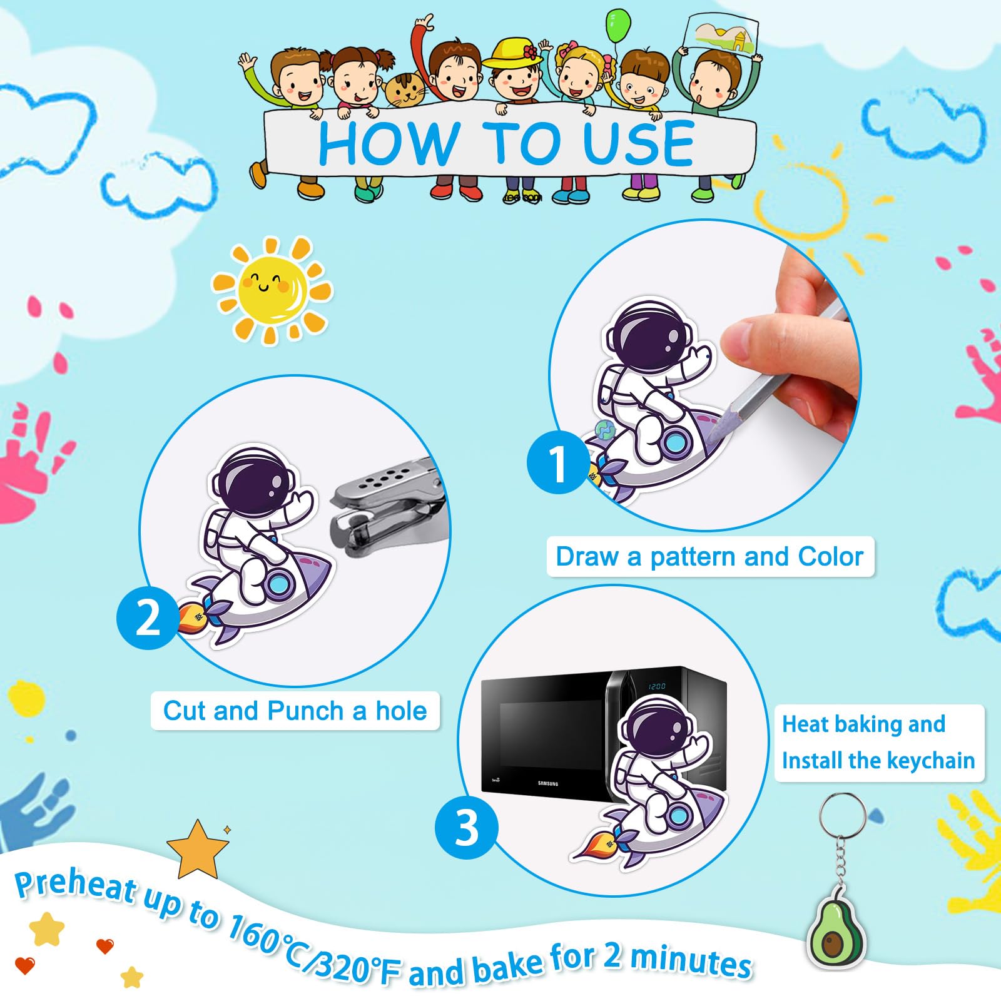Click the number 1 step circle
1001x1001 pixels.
click(557, 462)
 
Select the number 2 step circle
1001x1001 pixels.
click(148, 618)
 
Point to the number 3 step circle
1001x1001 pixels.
click(467, 828)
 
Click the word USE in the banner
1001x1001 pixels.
click(638, 144)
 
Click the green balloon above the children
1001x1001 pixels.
click(618, 27)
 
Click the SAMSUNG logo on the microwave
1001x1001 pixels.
click(547, 783)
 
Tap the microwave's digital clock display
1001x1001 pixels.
click(656, 686)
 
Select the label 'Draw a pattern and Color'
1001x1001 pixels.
click(709, 556)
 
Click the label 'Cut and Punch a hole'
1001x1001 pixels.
click(295, 711)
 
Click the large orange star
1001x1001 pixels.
click(198, 850)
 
